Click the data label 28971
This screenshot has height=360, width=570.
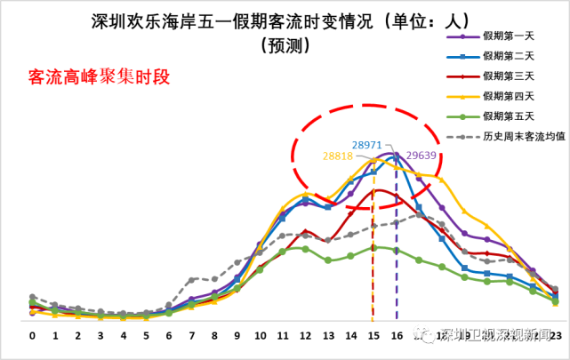[366, 143]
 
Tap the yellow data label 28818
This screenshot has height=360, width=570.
[339, 156]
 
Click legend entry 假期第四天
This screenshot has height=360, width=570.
[509, 95]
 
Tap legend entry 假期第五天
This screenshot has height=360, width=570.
[509, 116]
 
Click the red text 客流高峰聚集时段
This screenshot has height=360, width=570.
[99, 77]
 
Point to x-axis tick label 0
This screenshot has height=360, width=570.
[32, 336]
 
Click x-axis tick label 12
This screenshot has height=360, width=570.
[305, 336]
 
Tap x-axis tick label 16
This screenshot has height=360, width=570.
[396, 336]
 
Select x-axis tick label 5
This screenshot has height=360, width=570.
[146, 336]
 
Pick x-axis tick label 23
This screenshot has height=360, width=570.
[555, 336]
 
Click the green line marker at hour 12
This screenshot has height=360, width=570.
[305, 248]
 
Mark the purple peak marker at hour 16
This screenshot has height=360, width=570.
[396, 154]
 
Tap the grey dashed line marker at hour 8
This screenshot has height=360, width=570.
[214, 280]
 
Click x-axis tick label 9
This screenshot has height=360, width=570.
[237, 336]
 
